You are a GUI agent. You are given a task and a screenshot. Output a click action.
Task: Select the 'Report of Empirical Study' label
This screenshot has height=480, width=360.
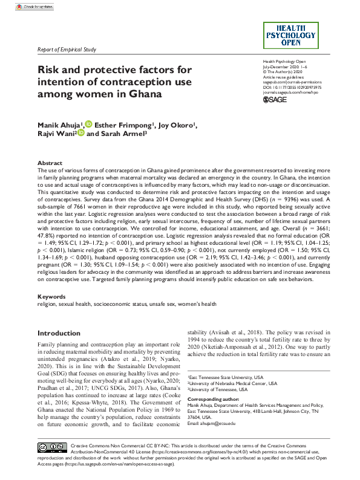(67, 50)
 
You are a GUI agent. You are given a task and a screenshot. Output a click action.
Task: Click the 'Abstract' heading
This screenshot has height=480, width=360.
(50, 163)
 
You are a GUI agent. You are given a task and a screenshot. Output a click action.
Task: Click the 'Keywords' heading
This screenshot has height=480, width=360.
(51, 297)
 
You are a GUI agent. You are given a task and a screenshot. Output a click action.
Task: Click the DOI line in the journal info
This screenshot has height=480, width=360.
(292, 87)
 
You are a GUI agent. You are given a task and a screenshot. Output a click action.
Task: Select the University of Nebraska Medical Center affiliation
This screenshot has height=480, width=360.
(234, 383)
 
